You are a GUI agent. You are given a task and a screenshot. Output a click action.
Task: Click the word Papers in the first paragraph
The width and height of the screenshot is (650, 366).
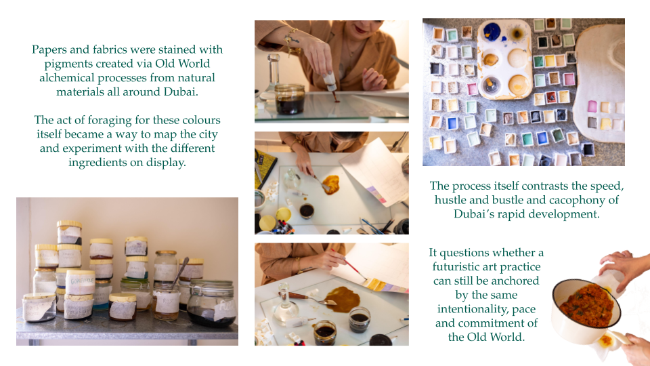point(49,49)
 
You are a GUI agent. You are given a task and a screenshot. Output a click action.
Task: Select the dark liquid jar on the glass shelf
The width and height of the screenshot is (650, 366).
point(290,99)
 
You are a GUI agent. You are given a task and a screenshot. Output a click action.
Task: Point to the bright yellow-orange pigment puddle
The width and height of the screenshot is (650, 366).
point(331,184)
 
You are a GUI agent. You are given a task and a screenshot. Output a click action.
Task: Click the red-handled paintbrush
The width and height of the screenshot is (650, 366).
point(348,263)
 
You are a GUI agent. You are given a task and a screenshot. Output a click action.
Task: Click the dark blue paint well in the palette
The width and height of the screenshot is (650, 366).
point(492,32)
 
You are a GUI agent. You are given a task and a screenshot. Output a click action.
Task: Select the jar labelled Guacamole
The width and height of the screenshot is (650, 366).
point(81,283)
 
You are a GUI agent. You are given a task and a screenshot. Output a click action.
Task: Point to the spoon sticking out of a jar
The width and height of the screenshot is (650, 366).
point(180,272)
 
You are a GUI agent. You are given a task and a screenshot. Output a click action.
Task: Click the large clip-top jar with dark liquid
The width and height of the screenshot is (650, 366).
point(212,303)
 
